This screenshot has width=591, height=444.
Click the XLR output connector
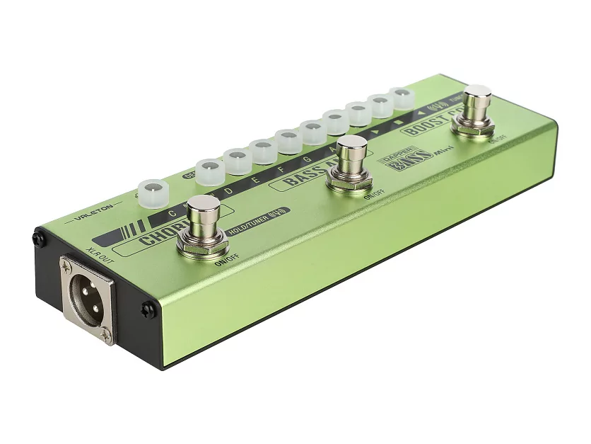point(87,297)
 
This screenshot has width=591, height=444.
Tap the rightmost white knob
point(402,98)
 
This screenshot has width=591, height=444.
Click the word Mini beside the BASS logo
point(425,152)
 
